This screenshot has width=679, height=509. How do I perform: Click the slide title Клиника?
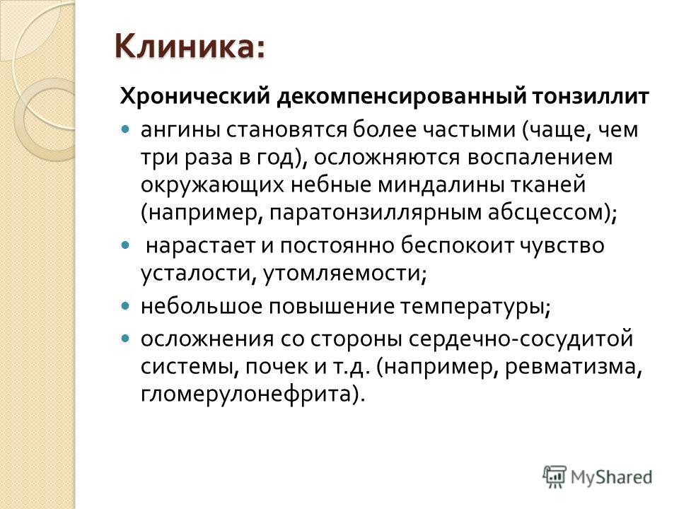tap(190, 47)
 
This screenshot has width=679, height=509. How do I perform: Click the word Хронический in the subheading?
tap(195, 96)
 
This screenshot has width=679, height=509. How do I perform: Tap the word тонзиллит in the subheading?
tap(591, 96)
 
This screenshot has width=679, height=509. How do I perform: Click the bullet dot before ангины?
tap(125, 129)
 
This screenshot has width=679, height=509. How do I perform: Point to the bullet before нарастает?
tap(125, 245)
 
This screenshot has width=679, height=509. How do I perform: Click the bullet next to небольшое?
tap(125, 305)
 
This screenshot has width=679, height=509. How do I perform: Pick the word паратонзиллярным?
tap(376, 213)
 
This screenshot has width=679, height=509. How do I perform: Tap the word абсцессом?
tap(545, 213)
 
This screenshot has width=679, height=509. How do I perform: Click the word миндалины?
tap(439, 185)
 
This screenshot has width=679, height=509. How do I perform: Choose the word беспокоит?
tap(455, 245)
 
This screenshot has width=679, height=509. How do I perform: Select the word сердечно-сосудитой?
tap(521, 339)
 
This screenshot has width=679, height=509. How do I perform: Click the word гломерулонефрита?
tap(246, 394)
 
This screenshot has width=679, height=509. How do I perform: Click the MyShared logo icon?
tap(555, 476)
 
